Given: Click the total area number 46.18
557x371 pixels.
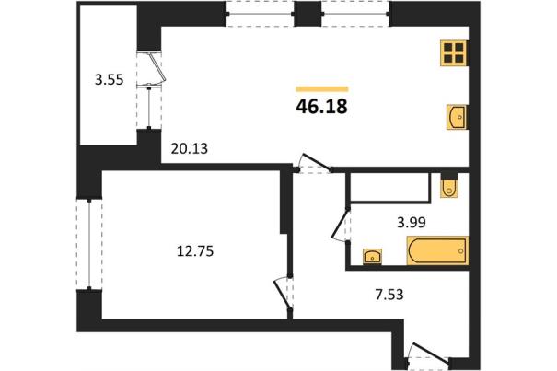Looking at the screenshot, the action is tap(321, 106).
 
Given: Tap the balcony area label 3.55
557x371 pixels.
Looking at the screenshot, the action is tap(109, 79).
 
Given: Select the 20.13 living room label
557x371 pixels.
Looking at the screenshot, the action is tap(189, 148).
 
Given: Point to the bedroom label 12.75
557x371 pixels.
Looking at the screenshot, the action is tap(195, 251).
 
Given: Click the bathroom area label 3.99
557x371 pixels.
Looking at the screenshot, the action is tap(412, 223).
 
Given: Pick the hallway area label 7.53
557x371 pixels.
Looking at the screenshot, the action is tap(389, 295).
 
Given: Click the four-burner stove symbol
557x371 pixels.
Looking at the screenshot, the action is tap(454, 52).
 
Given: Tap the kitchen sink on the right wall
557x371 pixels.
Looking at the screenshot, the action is tap(457, 117).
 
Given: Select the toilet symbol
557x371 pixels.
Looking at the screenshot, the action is tap(449, 186).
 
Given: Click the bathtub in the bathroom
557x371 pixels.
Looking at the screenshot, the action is tap(437, 251).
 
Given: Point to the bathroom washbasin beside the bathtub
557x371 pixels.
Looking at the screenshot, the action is tap(372, 256).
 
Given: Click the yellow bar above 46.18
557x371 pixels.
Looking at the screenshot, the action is tap(322, 89).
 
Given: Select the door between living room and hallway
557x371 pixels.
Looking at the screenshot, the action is tap(314, 164).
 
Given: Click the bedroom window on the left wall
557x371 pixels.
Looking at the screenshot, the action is tap(89, 245).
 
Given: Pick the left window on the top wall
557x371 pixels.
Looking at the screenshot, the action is tap(261, 14).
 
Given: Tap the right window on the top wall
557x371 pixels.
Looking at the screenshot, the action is tap(355, 14).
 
